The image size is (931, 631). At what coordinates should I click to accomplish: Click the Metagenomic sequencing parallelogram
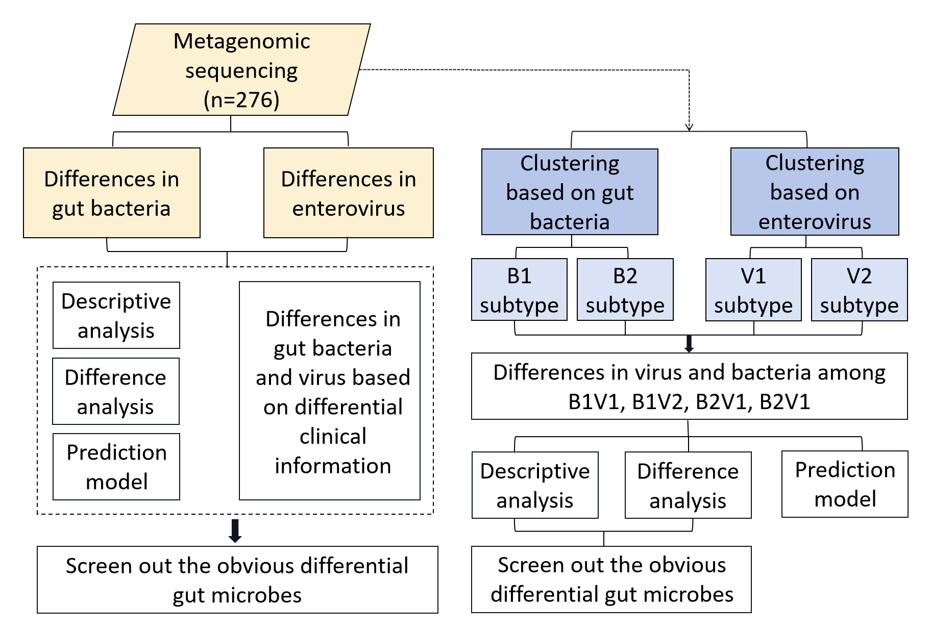pyautogui.click(x=241, y=69)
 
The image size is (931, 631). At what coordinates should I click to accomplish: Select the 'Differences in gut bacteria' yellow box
pyautogui.click(x=112, y=193)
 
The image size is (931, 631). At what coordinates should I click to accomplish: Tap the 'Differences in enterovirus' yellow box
pyautogui.click(x=349, y=193)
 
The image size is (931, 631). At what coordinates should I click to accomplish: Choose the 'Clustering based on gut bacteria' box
pyautogui.click(x=570, y=192)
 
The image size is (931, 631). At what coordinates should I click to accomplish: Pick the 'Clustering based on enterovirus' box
pyautogui.click(x=815, y=192)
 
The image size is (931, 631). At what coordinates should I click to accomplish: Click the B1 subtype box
pyautogui.click(x=519, y=290)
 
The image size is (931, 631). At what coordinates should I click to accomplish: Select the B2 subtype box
pyautogui.click(x=625, y=290)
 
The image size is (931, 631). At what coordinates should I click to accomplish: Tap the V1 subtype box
pyautogui.click(x=753, y=290)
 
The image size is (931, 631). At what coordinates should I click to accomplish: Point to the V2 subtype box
pyautogui.click(x=860, y=290)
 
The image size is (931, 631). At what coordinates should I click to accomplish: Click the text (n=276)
pyautogui.click(x=241, y=99)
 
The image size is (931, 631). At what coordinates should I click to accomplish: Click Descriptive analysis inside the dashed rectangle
pyautogui.click(x=116, y=315)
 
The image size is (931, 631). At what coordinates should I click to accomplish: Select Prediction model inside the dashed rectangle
pyautogui.click(x=116, y=467)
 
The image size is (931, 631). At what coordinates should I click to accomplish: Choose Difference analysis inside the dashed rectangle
pyautogui.click(x=116, y=391)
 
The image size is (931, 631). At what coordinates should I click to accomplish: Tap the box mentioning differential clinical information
pyautogui.click(x=330, y=391)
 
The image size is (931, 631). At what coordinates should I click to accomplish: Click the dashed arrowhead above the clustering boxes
pyautogui.click(x=689, y=127)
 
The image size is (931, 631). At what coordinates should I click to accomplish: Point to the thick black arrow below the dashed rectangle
pyautogui.click(x=235, y=531)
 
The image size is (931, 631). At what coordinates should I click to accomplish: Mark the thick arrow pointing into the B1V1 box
pyautogui.click(x=689, y=344)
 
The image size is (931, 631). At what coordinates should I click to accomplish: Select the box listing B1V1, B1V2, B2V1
pyautogui.click(x=690, y=386)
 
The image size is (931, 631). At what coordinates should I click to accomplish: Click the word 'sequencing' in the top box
pyautogui.click(x=241, y=71)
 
